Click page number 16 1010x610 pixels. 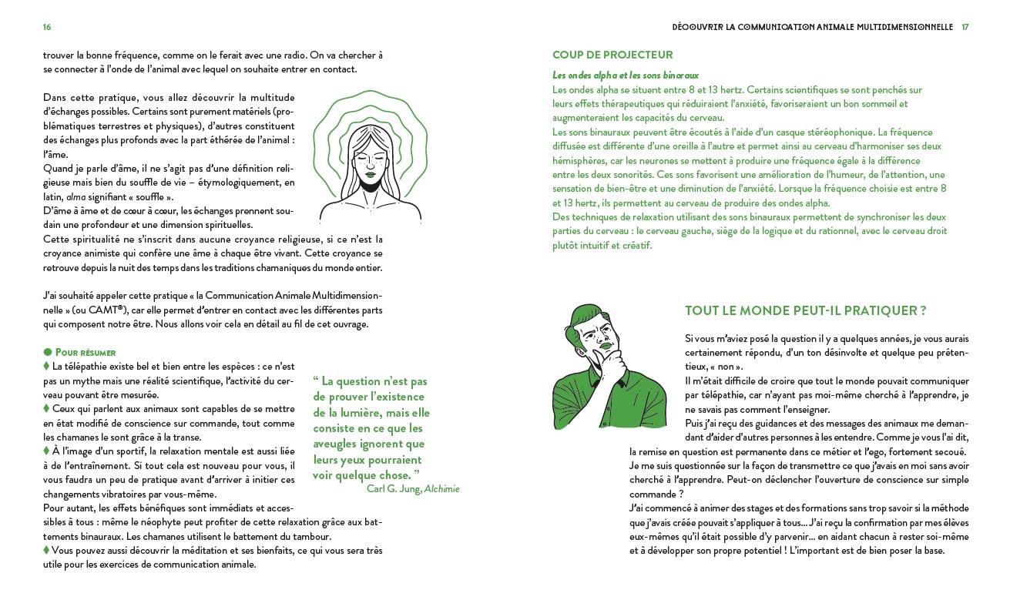click(47, 27)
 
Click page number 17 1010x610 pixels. click(965, 27)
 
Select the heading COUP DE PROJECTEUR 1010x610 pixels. click(612, 55)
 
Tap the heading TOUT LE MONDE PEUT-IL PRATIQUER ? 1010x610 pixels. click(805, 310)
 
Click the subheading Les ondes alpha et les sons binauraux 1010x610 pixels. click(626, 75)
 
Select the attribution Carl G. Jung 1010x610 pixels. click(393, 488)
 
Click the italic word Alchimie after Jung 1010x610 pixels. click(442, 488)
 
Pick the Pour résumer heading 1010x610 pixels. click(85, 352)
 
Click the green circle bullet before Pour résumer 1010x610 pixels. click(47, 352)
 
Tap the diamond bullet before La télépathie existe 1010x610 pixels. click(46, 366)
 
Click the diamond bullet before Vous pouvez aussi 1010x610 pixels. click(46, 550)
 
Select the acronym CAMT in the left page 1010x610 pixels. click(105, 310)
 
